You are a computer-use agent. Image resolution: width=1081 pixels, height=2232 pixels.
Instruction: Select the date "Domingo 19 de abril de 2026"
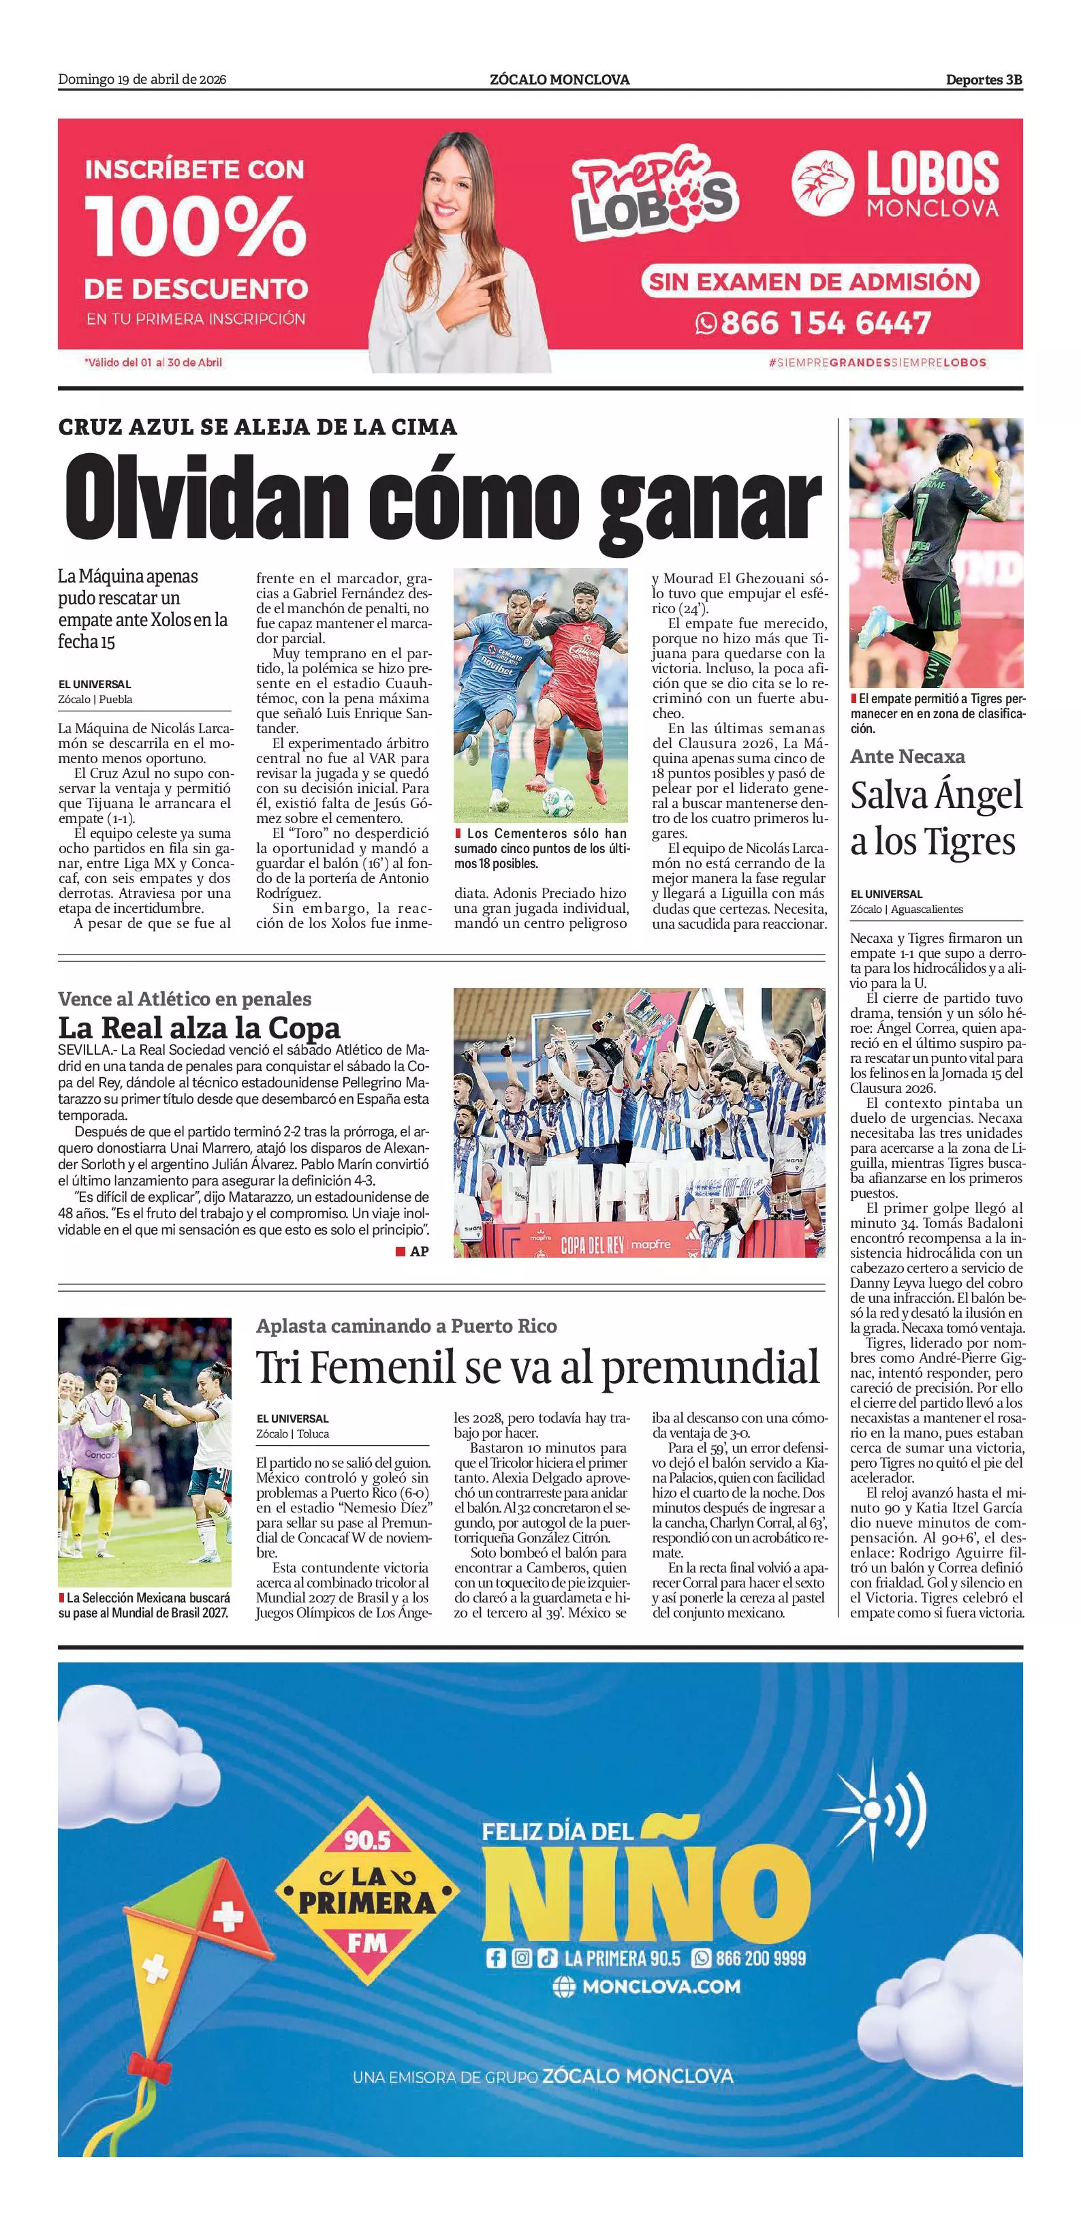142,80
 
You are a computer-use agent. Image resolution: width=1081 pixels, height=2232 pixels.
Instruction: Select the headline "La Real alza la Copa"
199,1029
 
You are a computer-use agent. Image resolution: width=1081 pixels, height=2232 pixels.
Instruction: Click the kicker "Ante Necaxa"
907,756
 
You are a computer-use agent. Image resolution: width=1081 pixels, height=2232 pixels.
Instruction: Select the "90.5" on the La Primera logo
367,1839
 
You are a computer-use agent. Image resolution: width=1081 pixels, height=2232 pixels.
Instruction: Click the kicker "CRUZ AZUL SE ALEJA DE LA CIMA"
257,427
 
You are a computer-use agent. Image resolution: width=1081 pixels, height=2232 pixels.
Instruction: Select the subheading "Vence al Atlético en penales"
185,999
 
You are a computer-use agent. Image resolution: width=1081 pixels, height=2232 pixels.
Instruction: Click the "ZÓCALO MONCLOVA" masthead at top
559,80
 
